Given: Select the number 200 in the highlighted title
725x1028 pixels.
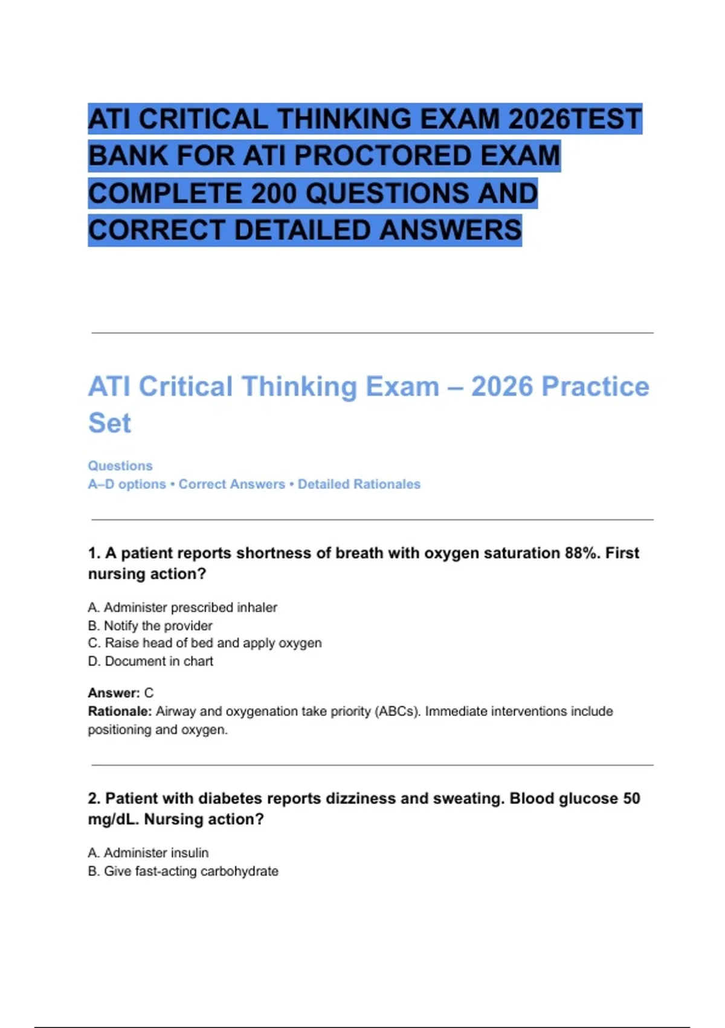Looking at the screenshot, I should tap(274, 194).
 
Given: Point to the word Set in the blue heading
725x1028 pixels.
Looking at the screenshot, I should tap(109, 423).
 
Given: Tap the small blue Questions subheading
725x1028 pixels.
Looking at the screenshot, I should tap(120, 466).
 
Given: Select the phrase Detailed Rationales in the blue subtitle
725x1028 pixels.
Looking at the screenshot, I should tap(359, 484).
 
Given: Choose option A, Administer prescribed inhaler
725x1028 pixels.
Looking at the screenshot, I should tap(182, 607).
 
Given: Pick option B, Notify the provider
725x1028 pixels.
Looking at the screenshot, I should tap(150, 625).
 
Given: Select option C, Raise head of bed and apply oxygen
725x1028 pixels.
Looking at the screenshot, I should tap(205, 643).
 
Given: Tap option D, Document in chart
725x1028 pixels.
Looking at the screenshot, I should tap(150, 661).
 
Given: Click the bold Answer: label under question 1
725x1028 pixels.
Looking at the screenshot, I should tap(114, 693).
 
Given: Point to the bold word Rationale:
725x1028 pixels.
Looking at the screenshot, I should tap(120, 711).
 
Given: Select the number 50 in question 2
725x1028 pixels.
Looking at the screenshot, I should tap(631, 798).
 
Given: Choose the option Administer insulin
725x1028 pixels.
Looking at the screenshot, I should tap(148, 853).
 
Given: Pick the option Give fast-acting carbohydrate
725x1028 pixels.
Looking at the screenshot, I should tap(183, 871).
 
